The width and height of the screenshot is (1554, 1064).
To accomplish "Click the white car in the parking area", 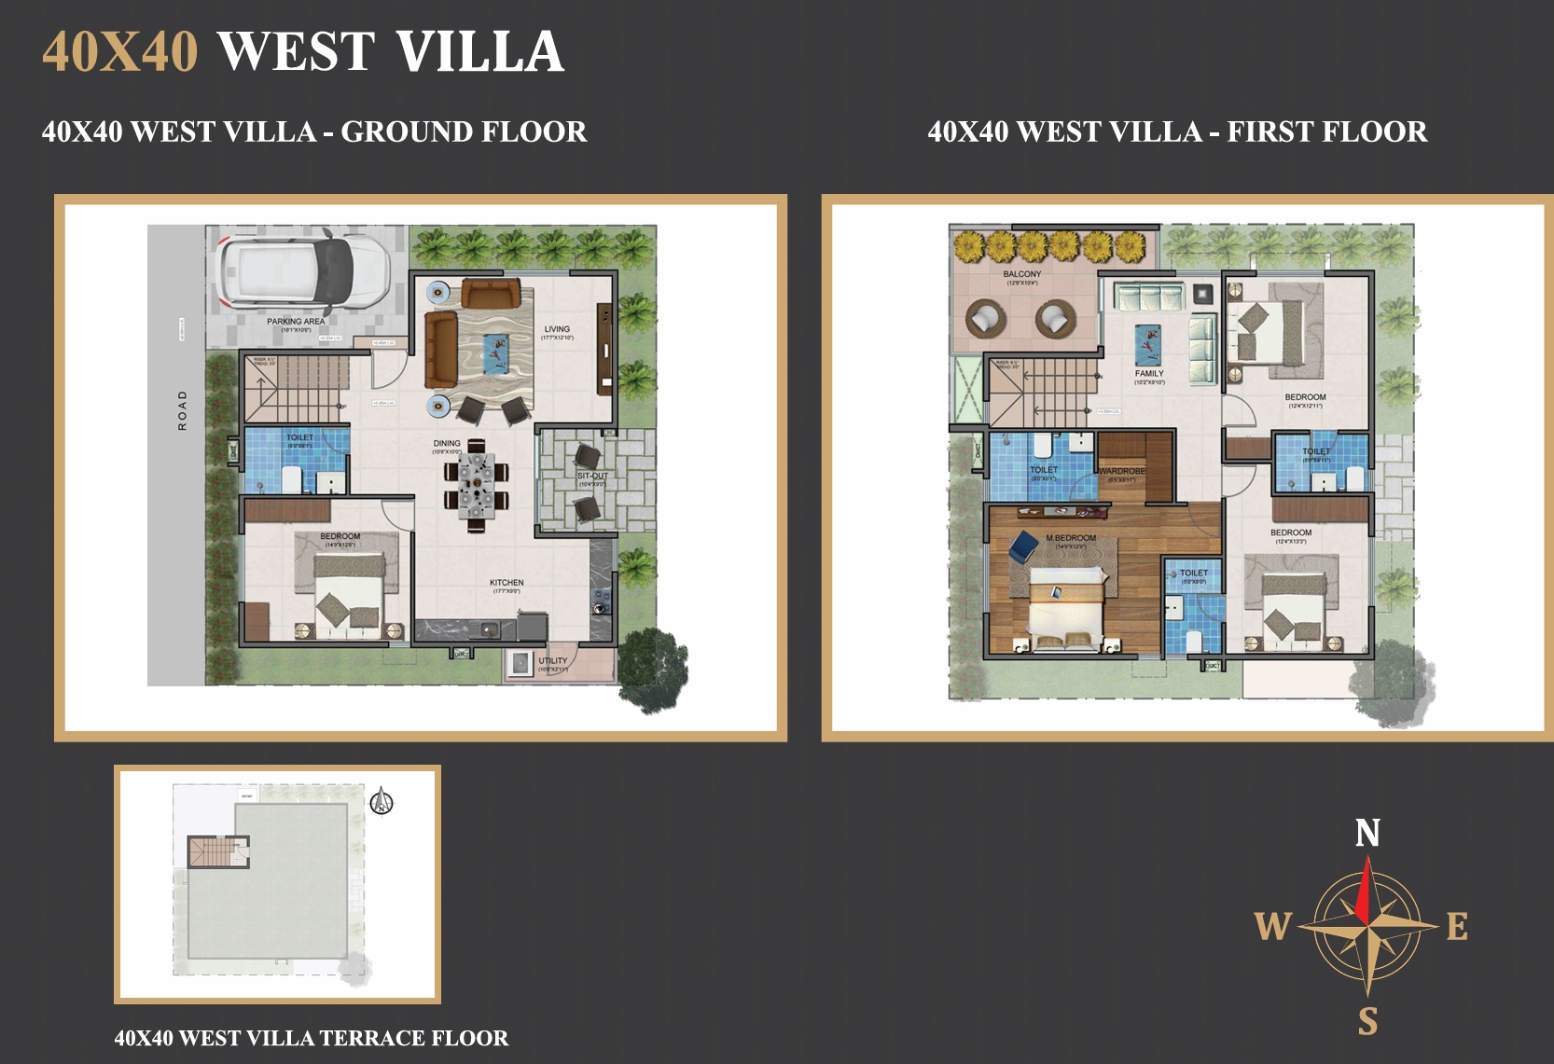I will pyautogui.click(x=297, y=271).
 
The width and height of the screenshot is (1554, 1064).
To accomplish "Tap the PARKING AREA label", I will pyautogui.click(x=296, y=322).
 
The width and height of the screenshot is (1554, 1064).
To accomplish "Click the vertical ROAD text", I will pyautogui.click(x=183, y=410).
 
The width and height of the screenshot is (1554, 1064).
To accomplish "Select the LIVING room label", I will pyautogui.click(x=557, y=329).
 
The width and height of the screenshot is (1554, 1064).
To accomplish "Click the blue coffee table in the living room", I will pyautogui.click(x=495, y=352).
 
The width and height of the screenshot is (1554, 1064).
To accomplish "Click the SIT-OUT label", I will pyautogui.click(x=592, y=476).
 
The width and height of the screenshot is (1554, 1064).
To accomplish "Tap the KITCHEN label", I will pyautogui.click(x=506, y=583).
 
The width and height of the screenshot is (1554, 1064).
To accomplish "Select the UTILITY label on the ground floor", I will pyautogui.click(x=552, y=660).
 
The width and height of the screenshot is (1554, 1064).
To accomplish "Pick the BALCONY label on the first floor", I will pyautogui.click(x=1022, y=274).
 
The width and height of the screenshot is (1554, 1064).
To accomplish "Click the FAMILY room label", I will pyautogui.click(x=1149, y=373).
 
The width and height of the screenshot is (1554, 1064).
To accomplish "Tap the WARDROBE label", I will pyautogui.click(x=1122, y=471).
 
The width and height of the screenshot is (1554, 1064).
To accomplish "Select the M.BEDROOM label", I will pyautogui.click(x=1071, y=538).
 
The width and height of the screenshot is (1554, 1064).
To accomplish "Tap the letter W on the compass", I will pyautogui.click(x=1272, y=927).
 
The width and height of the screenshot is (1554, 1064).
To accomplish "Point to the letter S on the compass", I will pyautogui.click(x=1367, y=1021).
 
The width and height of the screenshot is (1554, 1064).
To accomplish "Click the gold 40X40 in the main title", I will pyautogui.click(x=120, y=51).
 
